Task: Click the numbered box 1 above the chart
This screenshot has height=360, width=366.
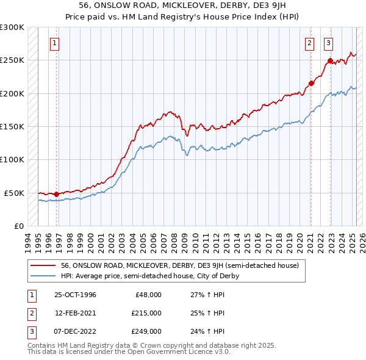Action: [56, 43]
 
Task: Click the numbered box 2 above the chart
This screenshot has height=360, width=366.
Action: [310, 43]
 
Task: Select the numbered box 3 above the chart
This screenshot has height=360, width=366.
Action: [329, 43]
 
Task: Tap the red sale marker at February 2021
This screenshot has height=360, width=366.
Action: [311, 83]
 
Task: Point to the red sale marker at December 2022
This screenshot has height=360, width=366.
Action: [330, 60]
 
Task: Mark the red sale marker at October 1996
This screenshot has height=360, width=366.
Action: [57, 194]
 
